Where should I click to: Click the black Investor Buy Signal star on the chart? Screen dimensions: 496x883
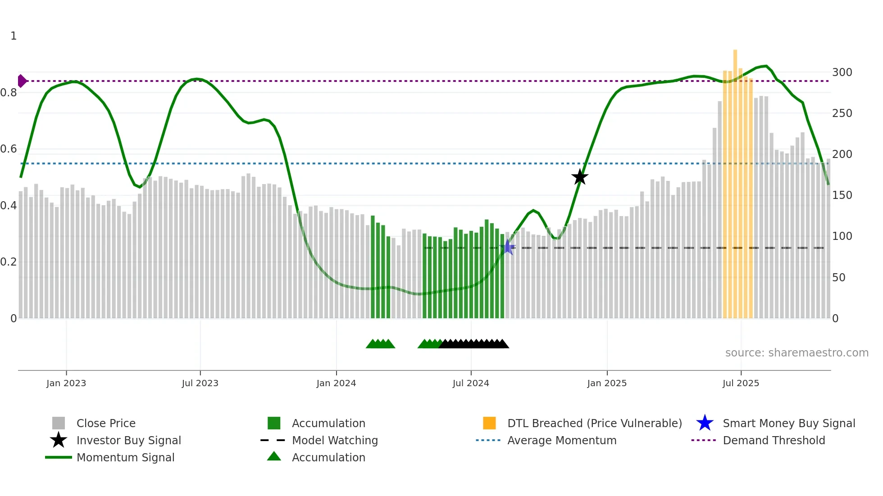[580, 177]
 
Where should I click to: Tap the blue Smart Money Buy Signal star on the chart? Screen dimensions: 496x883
[508, 247]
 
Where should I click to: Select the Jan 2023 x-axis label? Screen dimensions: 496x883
[66, 383]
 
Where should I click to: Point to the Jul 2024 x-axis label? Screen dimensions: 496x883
[471, 383]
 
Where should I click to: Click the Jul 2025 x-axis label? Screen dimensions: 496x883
[741, 383]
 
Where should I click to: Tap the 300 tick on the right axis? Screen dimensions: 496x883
[842, 72]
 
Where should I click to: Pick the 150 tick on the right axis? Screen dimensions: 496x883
[842, 195]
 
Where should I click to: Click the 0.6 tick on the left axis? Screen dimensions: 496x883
[9, 149]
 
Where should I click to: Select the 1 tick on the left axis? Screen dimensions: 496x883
[14, 36]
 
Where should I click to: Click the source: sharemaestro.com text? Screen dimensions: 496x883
[797, 353]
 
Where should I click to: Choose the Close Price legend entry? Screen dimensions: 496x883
[106, 423]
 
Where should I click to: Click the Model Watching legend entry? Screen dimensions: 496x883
[335, 440]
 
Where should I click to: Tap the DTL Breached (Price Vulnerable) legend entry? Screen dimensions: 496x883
[594, 423]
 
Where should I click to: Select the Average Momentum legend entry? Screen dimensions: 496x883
[562, 440]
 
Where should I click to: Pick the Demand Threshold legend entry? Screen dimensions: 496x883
[774, 440]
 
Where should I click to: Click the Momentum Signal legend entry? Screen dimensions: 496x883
[125, 457]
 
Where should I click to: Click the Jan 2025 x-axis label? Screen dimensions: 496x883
[607, 383]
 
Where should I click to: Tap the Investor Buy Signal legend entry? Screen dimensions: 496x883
[128, 440]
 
